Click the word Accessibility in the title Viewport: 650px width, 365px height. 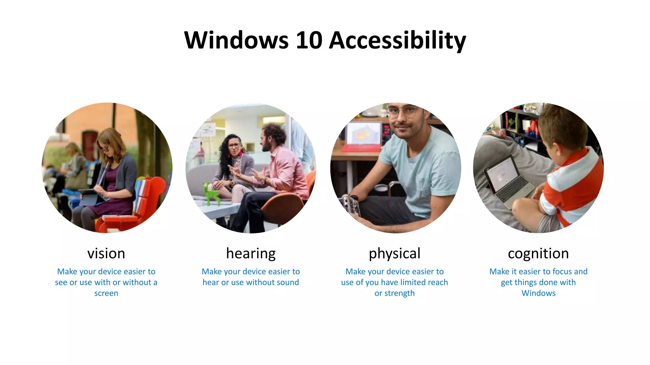(397, 40)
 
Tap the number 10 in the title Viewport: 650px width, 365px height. (309, 40)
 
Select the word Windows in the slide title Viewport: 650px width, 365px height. (236, 40)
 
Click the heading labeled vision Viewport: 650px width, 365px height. (106, 253)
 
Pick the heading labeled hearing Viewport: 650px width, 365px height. (251, 253)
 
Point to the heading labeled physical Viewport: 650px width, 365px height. (395, 253)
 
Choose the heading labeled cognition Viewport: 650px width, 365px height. (538, 253)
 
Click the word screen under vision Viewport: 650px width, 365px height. (106, 293)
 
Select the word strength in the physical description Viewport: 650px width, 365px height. (399, 293)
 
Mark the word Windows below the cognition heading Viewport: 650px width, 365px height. (539, 293)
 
